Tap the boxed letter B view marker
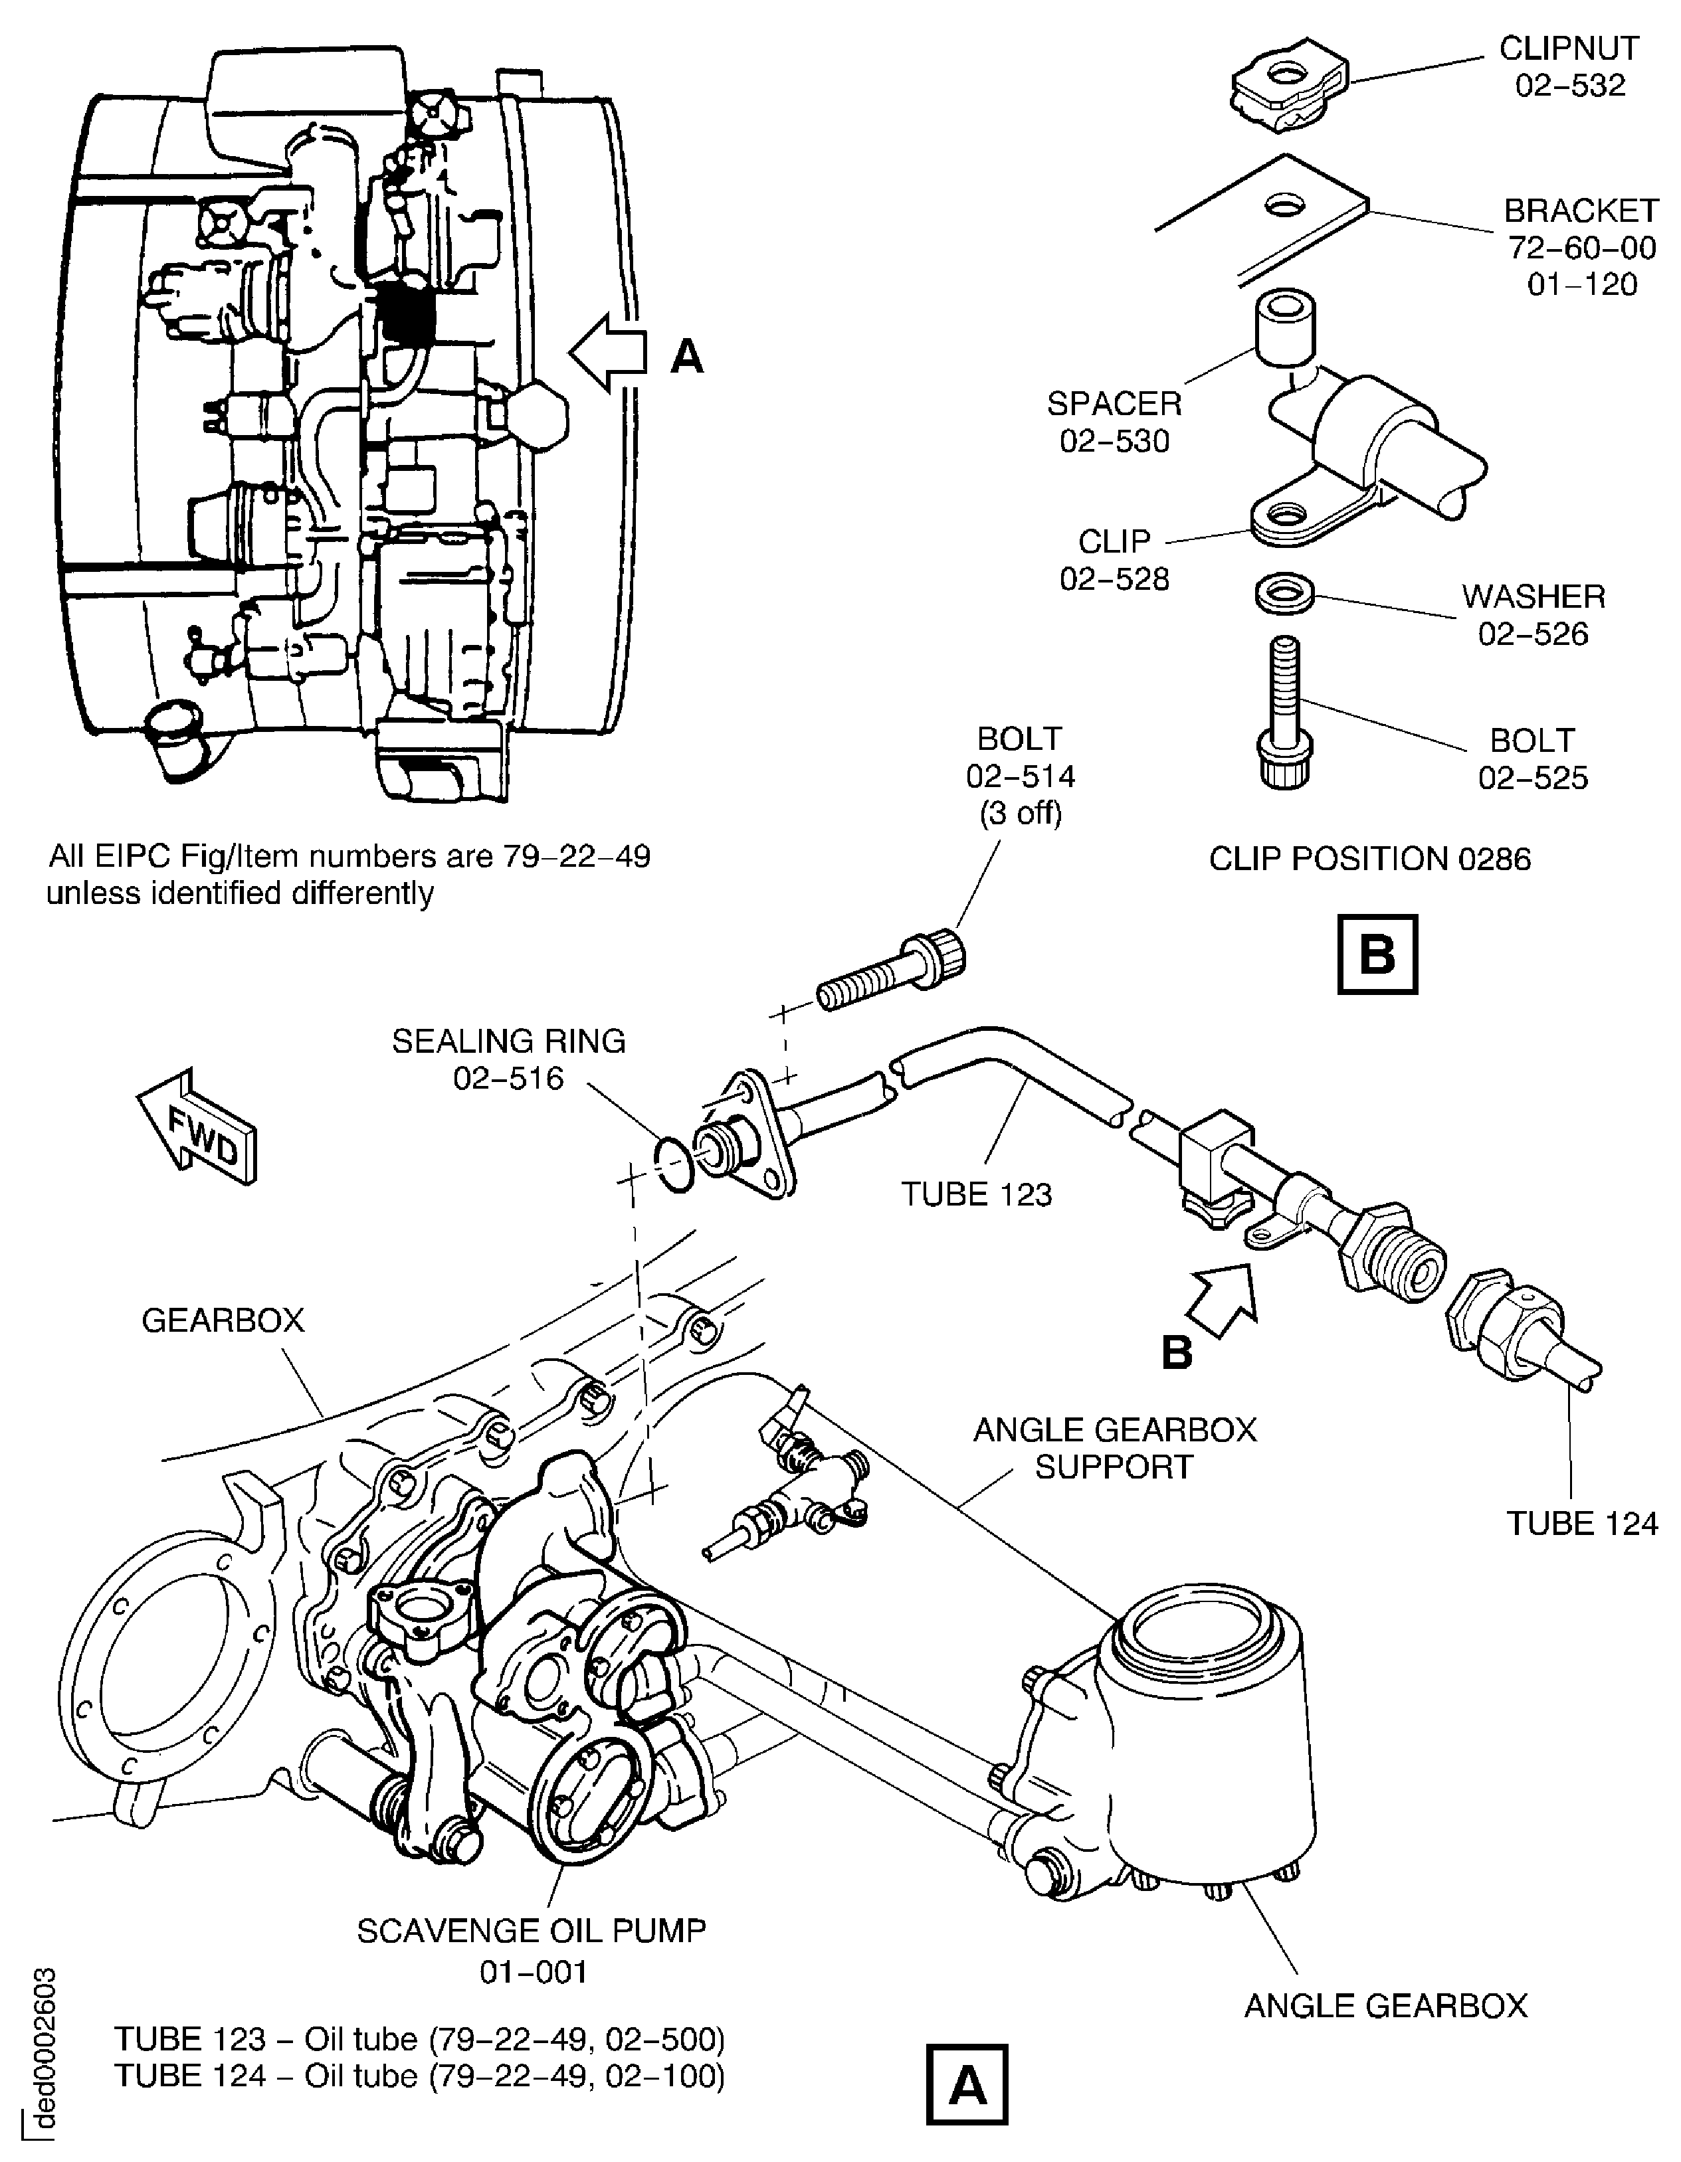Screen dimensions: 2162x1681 tap(1377, 954)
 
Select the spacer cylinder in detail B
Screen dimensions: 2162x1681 tap(1285, 329)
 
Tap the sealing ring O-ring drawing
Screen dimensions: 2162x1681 tap(674, 1165)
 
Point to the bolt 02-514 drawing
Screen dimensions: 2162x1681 tap(891, 971)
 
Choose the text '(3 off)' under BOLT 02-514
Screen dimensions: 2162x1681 tap(1020, 813)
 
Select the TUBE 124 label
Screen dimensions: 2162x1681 tap(1581, 1522)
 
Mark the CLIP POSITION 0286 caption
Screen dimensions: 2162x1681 tap(1369, 858)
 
